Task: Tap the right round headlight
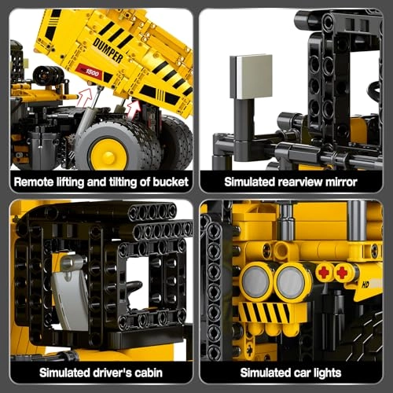tap(290, 280)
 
